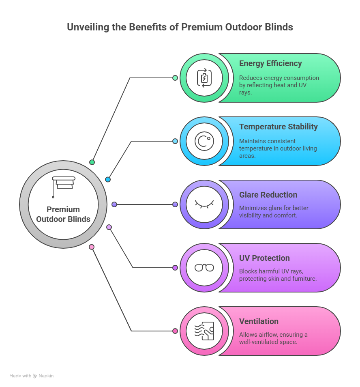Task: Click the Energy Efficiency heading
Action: [x=270, y=63]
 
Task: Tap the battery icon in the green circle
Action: [x=204, y=78]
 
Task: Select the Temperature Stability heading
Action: [x=278, y=127]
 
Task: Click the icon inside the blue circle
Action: [x=204, y=141]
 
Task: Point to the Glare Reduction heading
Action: [x=268, y=195]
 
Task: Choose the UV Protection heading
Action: [x=264, y=258]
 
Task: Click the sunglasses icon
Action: [x=204, y=268]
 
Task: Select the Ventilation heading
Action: [x=259, y=321]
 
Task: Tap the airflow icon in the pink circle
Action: [x=204, y=331]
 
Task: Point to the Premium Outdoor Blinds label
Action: [x=63, y=214]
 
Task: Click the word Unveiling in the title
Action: [x=86, y=27]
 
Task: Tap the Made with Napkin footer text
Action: [x=32, y=376]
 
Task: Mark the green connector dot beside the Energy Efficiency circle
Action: [x=175, y=78]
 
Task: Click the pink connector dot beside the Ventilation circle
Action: [x=175, y=331]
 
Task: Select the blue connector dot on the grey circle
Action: [x=108, y=179]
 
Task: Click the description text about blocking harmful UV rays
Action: [x=278, y=275]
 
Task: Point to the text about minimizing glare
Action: [x=274, y=212]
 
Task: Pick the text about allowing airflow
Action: [x=273, y=338]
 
